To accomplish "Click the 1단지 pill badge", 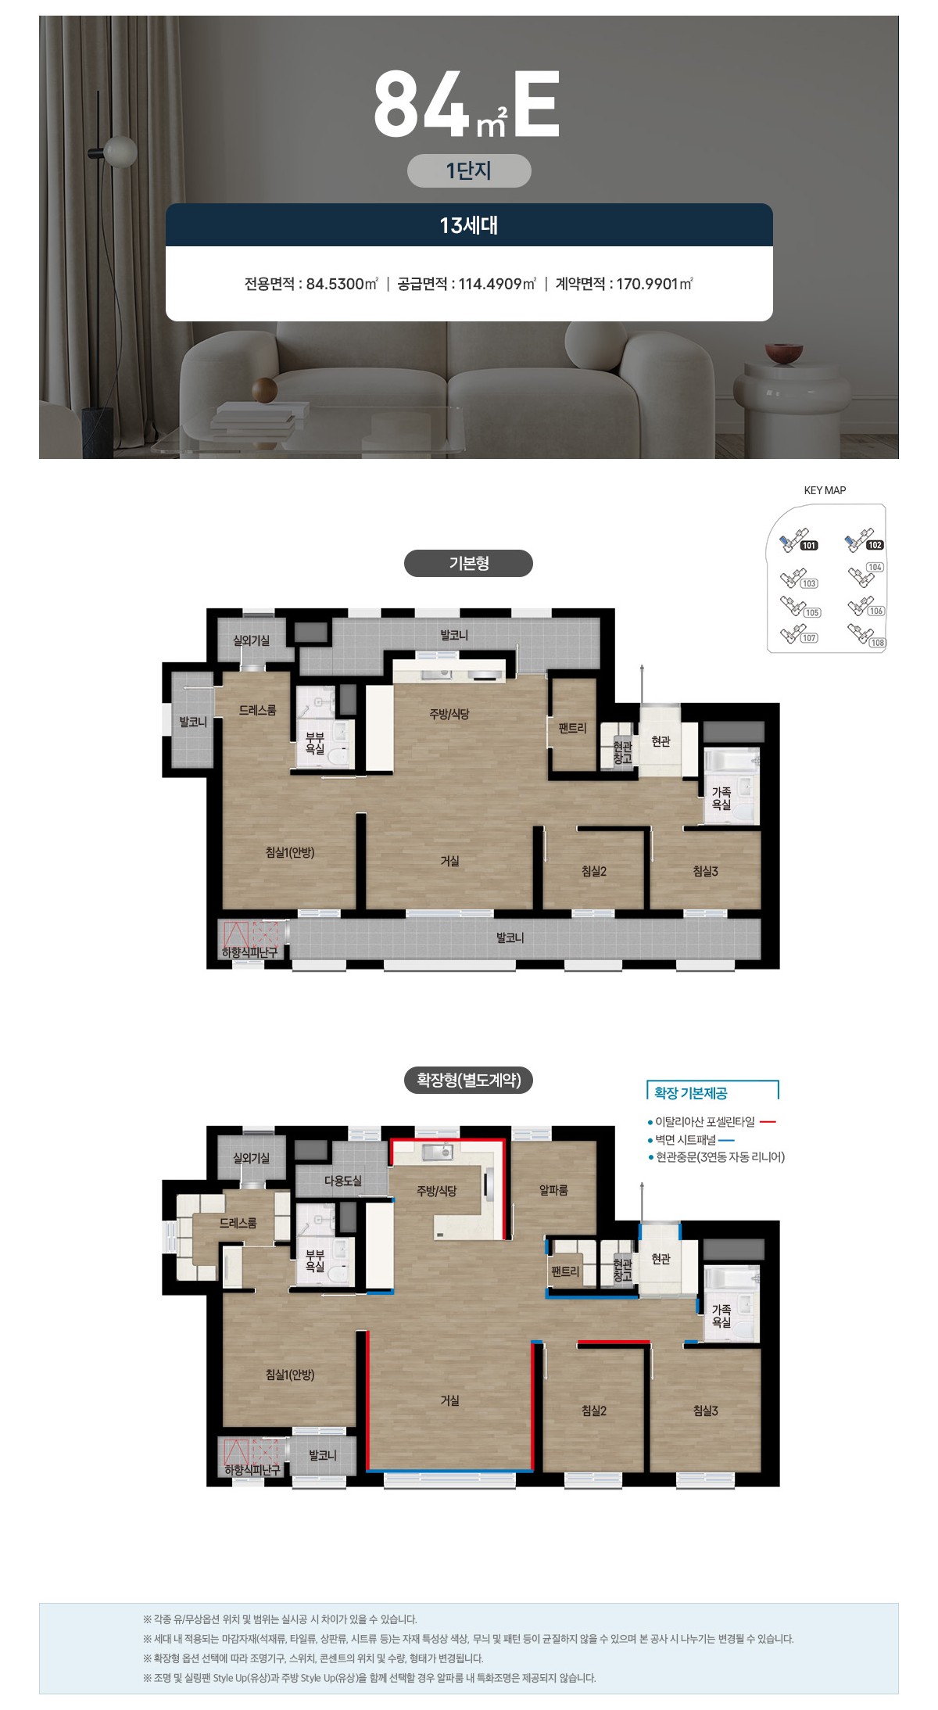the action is point(469,170).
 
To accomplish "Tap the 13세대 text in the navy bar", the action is point(469,226).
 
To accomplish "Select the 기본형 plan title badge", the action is point(468,563).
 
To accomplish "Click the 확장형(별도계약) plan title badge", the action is point(468,1080).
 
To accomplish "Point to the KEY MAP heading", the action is point(825,490).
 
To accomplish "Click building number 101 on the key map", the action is point(809,546).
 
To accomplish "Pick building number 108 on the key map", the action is point(878,643).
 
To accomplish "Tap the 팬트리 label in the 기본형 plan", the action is point(572,728).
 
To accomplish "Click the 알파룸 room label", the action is point(553,1190).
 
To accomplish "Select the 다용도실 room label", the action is point(343,1181).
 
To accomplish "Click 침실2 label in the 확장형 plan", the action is point(594,1411).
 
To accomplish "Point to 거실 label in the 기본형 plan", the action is point(449,860).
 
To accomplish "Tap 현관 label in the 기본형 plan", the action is point(661,740).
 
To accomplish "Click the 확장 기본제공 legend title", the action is point(690,1093).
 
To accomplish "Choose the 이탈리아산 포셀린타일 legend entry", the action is point(705,1122).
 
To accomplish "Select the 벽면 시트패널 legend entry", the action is point(686,1140).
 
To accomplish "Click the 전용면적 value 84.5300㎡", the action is point(342,284).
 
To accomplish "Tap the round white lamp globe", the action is point(120,151).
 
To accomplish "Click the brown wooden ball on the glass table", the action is point(265,389).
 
